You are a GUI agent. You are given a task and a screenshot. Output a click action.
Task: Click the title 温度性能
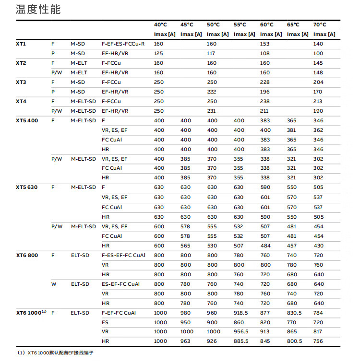click(38, 10)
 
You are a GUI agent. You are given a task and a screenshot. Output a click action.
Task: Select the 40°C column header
click(160, 25)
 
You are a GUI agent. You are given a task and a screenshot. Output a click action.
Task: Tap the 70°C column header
click(320, 25)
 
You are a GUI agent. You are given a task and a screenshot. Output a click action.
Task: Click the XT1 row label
click(21, 44)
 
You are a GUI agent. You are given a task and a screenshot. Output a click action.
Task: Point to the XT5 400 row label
click(26, 120)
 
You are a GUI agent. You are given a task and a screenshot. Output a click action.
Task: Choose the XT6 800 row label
click(26, 255)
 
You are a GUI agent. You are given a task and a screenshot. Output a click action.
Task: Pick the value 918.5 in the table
click(241, 313)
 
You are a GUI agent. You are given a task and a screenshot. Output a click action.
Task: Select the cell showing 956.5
click(241, 332)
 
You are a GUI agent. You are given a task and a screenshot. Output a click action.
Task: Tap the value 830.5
click(294, 313)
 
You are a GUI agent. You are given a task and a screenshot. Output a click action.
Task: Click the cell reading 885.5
click(241, 341)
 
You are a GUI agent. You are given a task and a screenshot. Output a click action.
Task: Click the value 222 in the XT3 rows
click(212, 92)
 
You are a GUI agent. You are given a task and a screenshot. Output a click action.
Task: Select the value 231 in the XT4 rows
click(212, 111)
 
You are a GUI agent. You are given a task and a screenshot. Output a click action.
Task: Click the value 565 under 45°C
click(185, 246)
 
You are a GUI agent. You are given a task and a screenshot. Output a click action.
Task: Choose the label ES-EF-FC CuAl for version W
click(120, 284)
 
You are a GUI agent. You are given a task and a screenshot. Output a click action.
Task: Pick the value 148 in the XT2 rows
click(318, 72)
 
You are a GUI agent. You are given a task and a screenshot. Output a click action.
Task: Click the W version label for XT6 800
click(54, 284)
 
